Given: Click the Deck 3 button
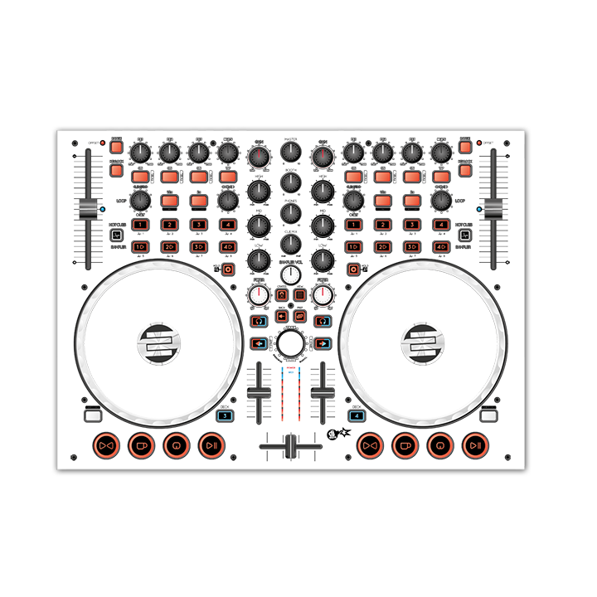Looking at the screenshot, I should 225,417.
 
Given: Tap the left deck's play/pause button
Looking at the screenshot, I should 211,445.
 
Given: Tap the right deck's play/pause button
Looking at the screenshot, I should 474,445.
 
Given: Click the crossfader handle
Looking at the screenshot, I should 291,446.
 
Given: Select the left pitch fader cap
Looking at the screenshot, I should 86,209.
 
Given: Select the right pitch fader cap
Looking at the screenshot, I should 494,209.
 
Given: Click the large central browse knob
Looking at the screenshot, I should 290,343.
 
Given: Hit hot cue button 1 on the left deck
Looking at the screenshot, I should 140,225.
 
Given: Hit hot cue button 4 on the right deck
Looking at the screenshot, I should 440,225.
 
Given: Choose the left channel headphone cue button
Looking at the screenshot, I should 258,320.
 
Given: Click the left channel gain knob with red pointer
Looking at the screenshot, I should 259,155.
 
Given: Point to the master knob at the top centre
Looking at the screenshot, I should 290,152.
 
